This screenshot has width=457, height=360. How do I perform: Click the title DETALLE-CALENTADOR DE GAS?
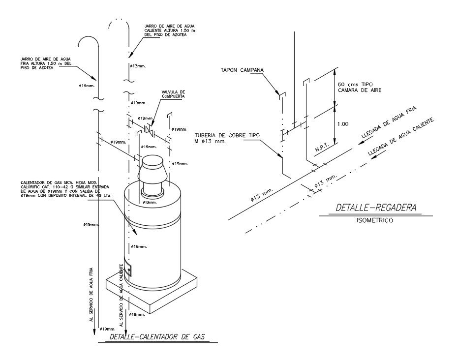pos(156,337)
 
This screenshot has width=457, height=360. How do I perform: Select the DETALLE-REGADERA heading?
pos(376,208)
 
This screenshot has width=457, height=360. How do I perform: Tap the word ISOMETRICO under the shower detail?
pos(375,221)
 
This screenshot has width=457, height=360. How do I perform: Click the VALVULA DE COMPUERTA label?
pos(173,94)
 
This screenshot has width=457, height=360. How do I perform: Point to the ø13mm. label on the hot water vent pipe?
pos(138,65)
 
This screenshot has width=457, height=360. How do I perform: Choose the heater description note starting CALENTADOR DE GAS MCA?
pos(66,188)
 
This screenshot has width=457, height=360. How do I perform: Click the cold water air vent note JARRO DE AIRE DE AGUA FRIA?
pos(43,64)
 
